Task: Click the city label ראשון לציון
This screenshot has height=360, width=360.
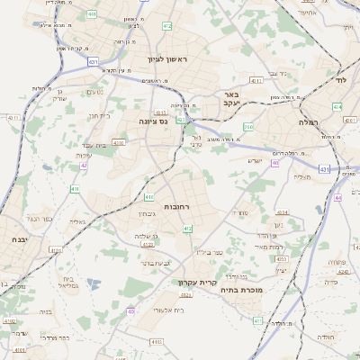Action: coord(170,59)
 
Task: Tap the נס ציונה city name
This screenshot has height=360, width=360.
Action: coord(154,120)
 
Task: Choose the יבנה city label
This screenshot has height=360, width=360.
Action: coord(18,240)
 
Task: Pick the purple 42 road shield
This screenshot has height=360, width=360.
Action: coord(84,166)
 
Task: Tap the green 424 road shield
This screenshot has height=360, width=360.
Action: coord(337,106)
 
